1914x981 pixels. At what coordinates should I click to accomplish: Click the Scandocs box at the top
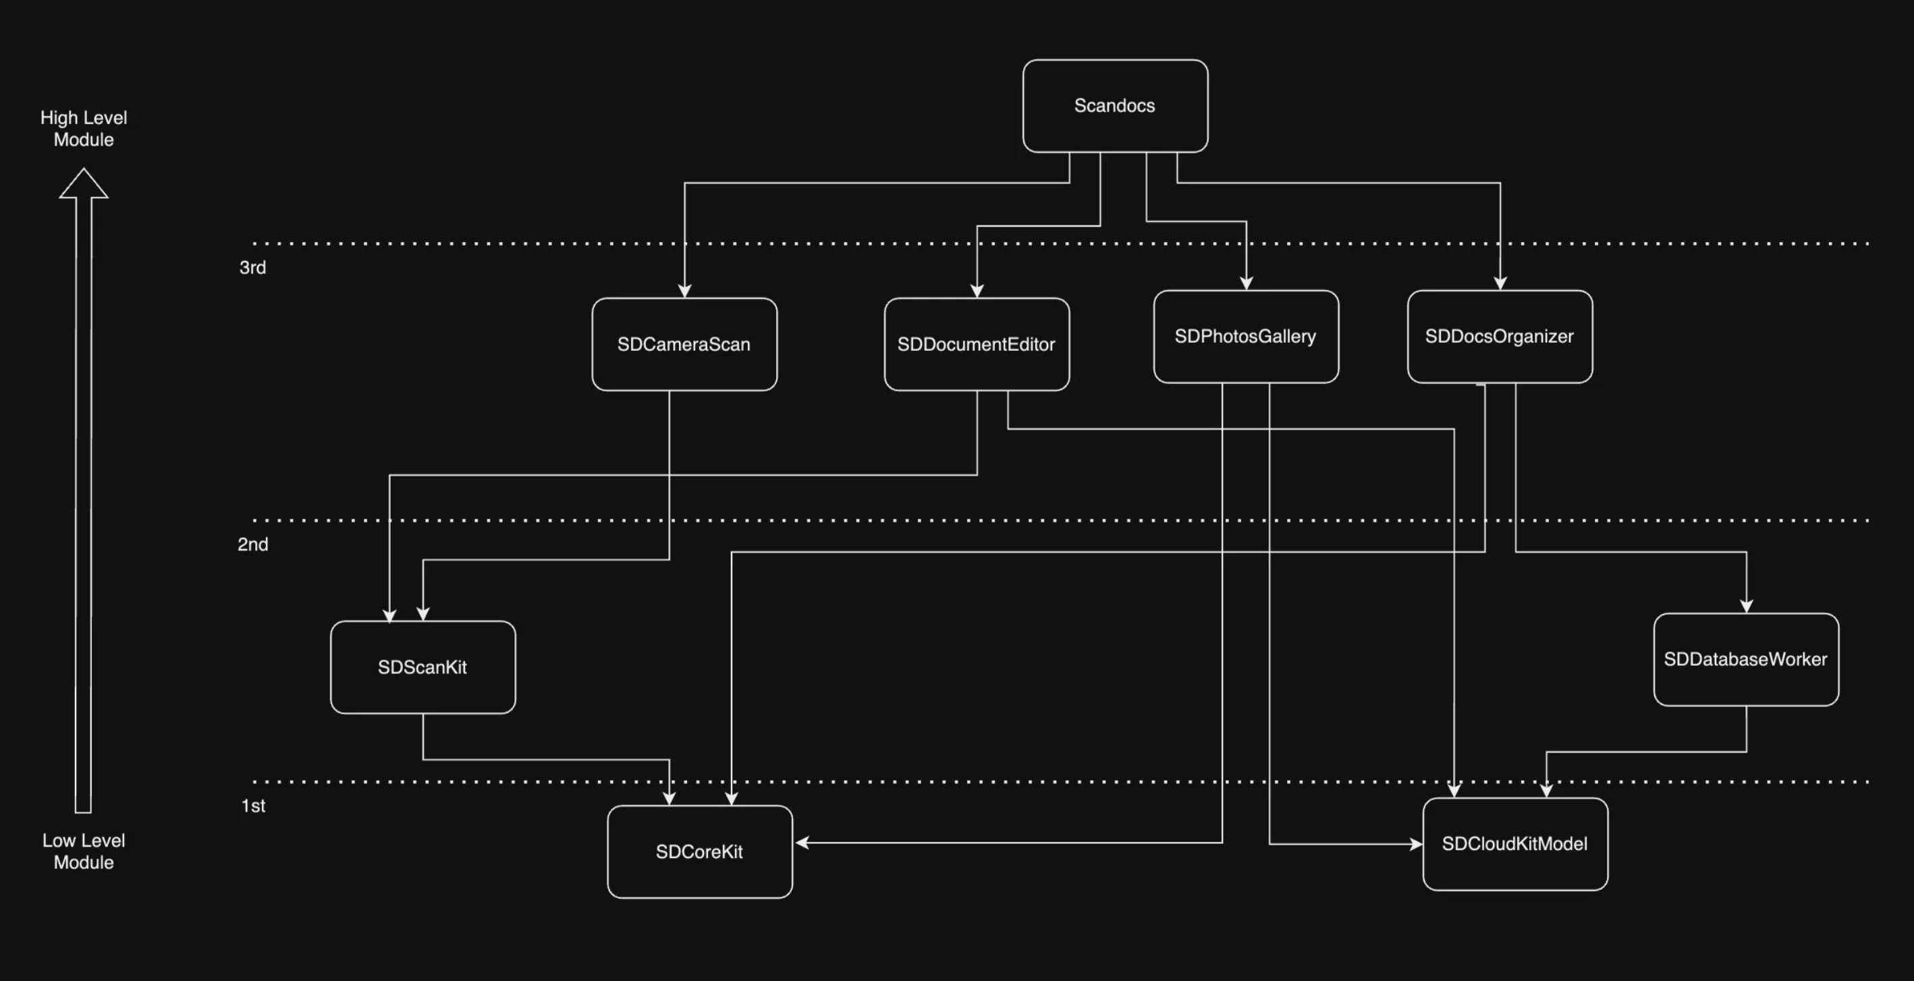1114,106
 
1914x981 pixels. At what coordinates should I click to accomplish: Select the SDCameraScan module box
684,345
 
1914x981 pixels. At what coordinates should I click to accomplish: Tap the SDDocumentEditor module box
977,345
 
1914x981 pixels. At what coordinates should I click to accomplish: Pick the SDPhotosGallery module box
1245,337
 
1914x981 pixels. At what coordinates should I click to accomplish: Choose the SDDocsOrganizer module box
1500,337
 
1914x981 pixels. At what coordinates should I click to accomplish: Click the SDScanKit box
422,667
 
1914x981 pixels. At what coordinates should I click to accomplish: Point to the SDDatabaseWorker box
1745,659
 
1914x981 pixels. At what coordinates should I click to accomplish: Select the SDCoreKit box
699,851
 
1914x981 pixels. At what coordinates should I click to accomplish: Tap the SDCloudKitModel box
1515,843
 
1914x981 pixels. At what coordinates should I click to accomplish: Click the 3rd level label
252,267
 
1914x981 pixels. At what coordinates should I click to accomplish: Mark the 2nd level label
252,544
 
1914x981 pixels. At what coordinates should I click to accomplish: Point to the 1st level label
253,806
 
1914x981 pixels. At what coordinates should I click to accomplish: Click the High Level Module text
84,128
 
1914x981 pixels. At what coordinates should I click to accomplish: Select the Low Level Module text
84,851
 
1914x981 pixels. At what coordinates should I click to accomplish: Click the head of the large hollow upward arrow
84,185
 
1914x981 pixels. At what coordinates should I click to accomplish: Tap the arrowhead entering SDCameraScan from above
684,290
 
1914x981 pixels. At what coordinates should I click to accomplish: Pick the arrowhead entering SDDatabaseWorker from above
1746,606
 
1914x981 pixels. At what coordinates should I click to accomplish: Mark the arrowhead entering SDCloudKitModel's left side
1415,843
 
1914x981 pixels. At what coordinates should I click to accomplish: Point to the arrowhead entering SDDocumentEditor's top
977,290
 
